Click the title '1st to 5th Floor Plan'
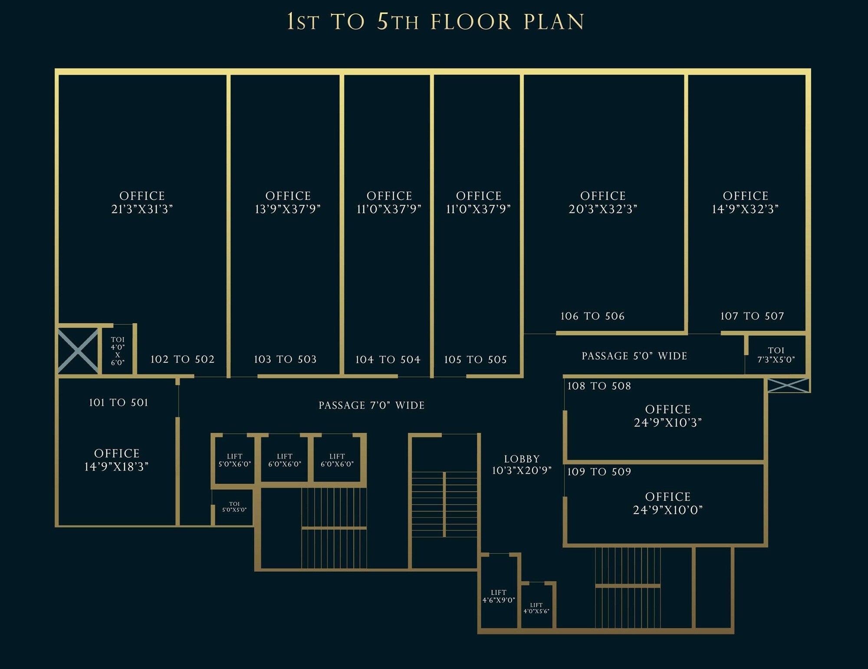tap(435, 22)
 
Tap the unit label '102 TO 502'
tap(182, 359)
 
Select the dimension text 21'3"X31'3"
tap(142, 209)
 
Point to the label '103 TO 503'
tap(285, 359)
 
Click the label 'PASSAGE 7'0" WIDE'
tap(372, 405)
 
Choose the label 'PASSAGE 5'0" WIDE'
tap(634, 356)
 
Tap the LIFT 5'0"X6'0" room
tap(235, 460)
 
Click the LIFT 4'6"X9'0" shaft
tap(499, 596)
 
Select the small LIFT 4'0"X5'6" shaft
tap(536, 608)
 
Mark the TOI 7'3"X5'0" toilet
tap(776, 354)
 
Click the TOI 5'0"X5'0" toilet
tap(234, 507)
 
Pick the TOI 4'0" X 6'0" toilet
tap(118, 351)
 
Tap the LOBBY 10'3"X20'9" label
tap(522, 465)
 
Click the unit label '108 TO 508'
tap(599, 386)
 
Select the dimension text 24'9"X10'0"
tap(667, 510)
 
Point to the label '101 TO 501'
tap(118, 403)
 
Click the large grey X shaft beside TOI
tap(78, 351)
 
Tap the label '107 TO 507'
tap(752, 316)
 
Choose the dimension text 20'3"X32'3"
tap(603, 209)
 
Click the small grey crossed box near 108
tap(788, 385)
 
